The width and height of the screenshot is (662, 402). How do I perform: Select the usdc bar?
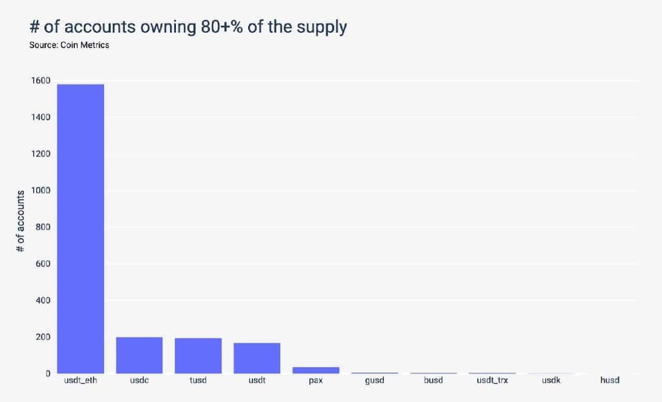[139, 355]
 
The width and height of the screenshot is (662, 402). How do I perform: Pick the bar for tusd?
[198, 355]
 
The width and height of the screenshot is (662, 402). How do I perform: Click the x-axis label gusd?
[374, 380]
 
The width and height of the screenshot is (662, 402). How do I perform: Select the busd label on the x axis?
[433, 380]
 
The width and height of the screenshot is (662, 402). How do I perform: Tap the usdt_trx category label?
[492, 380]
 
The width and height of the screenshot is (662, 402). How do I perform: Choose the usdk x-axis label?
[551, 380]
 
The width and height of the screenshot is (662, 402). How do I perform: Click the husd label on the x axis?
[610, 380]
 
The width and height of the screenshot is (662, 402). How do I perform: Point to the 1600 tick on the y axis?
[39, 81]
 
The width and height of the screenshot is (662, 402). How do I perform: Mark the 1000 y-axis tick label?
[39, 191]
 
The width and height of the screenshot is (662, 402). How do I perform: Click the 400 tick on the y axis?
[42, 301]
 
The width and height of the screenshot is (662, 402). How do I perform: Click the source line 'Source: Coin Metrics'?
[69, 46]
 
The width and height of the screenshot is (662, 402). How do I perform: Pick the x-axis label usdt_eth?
[80, 380]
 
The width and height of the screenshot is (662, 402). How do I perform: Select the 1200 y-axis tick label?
[39, 154]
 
